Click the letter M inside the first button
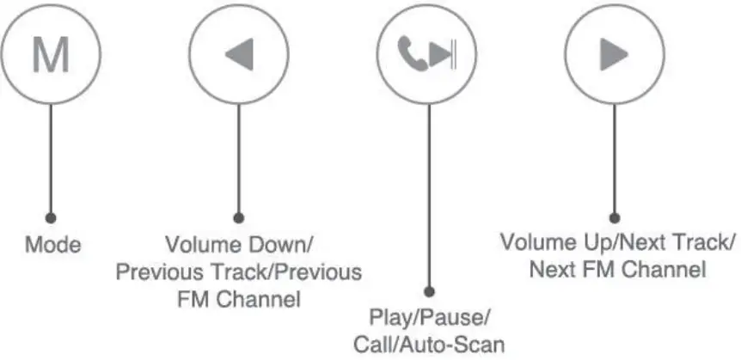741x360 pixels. pyautogui.click(x=51, y=55)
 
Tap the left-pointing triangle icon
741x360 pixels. pyautogui.click(x=237, y=56)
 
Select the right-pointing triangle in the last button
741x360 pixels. pyautogui.click(x=614, y=56)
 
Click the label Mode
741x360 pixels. pyautogui.click(x=52, y=245)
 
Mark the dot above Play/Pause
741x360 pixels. pyautogui.click(x=429, y=292)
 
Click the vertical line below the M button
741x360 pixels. pyautogui.click(x=51, y=155)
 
